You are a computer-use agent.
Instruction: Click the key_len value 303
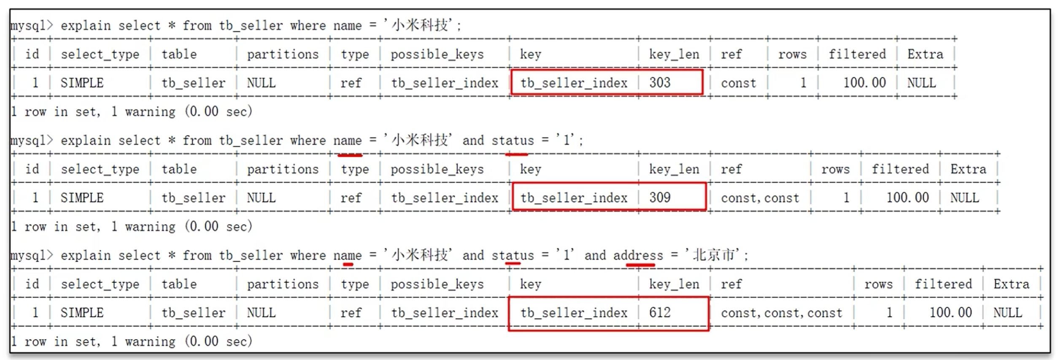click(x=660, y=83)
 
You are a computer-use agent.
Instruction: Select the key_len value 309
click(x=660, y=198)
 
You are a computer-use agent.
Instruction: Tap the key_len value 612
click(x=660, y=313)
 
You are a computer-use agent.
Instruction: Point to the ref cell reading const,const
click(x=760, y=198)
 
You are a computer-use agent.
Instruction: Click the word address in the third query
click(x=638, y=255)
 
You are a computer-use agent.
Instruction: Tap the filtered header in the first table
click(x=857, y=54)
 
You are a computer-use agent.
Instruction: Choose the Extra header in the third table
click(x=1011, y=284)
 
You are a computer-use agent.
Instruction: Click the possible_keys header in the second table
click(x=437, y=169)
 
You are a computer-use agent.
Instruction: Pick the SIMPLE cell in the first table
click(x=82, y=83)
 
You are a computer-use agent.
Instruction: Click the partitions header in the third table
click(x=283, y=284)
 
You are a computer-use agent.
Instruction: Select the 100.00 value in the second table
click(x=907, y=198)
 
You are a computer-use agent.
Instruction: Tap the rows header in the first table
click(x=792, y=54)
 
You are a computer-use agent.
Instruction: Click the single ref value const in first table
click(x=738, y=83)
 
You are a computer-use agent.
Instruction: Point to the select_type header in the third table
click(x=100, y=284)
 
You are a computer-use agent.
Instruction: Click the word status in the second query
click(x=513, y=141)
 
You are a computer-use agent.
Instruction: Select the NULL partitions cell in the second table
click(x=261, y=198)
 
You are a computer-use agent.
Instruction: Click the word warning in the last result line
click(x=150, y=341)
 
